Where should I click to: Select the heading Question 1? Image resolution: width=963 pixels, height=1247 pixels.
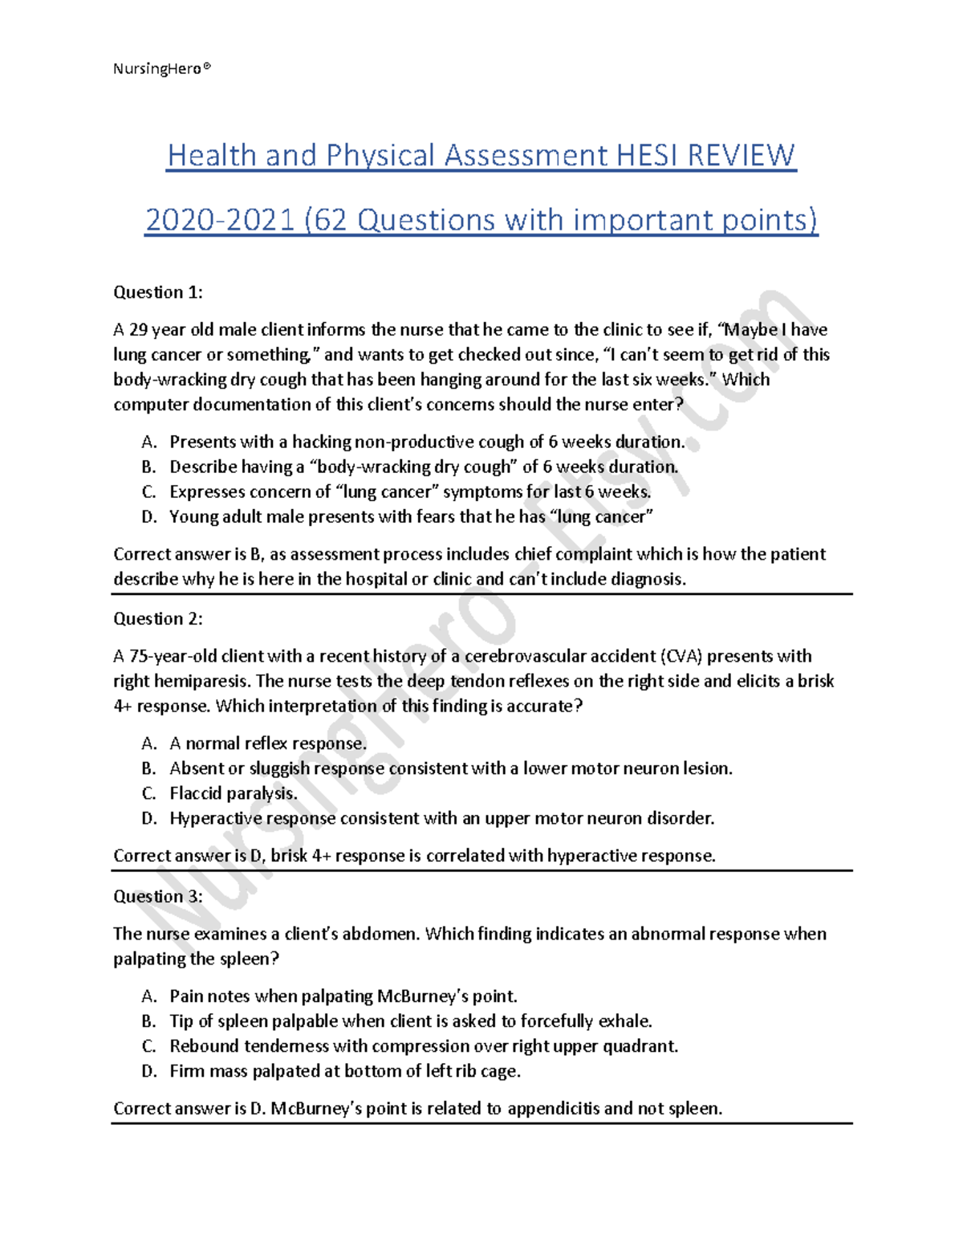(x=158, y=292)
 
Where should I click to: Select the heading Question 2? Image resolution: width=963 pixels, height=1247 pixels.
(x=158, y=618)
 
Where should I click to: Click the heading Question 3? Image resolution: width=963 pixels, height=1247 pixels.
(x=158, y=896)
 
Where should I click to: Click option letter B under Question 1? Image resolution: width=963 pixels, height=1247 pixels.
(x=148, y=467)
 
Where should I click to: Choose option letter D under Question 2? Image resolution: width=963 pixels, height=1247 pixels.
(x=148, y=818)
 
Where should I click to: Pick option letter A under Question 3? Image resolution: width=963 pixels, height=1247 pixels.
(x=148, y=996)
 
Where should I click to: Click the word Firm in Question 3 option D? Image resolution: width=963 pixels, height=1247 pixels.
(x=186, y=1071)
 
